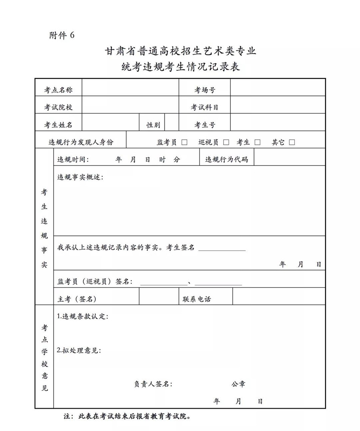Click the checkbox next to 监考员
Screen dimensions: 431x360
185,142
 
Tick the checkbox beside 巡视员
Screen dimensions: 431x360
226,142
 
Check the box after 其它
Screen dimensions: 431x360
292,142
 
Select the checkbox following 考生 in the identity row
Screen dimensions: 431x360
258,142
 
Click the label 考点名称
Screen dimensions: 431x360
58,90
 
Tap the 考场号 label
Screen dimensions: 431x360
205,90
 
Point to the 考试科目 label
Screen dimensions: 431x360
205,108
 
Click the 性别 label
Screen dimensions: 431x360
153,125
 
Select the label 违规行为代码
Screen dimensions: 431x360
227,159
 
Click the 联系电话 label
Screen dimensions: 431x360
197,299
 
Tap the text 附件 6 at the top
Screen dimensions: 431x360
62,36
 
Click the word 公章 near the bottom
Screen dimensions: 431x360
238,384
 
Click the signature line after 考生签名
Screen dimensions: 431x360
222,248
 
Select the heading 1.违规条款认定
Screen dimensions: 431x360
83,316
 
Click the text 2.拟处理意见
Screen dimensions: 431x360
79,350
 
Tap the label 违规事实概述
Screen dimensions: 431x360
80,177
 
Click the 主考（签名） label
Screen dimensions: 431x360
77,299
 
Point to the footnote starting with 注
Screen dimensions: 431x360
127,416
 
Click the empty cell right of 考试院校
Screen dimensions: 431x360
130,108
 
